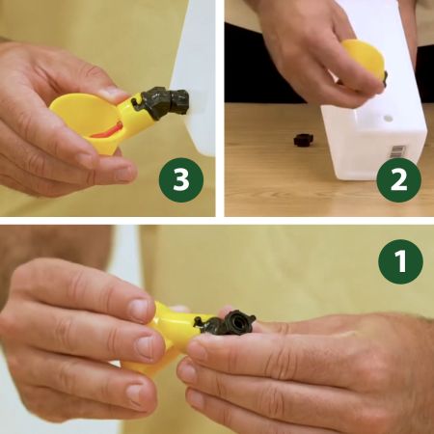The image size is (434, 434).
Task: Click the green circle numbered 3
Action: (181, 180)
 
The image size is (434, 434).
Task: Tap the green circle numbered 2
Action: (399, 180)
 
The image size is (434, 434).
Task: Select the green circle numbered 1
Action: (401, 261)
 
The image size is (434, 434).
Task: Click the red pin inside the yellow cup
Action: (106, 131)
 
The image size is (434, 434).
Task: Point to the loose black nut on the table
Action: (304, 140)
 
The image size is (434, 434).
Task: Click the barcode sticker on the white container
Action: (398, 151)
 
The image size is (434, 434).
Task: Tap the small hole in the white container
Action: (389, 118)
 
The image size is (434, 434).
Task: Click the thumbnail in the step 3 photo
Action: (113, 94)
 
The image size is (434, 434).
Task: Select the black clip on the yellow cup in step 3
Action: (141, 103)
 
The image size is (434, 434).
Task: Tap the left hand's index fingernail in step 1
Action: (141, 307)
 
